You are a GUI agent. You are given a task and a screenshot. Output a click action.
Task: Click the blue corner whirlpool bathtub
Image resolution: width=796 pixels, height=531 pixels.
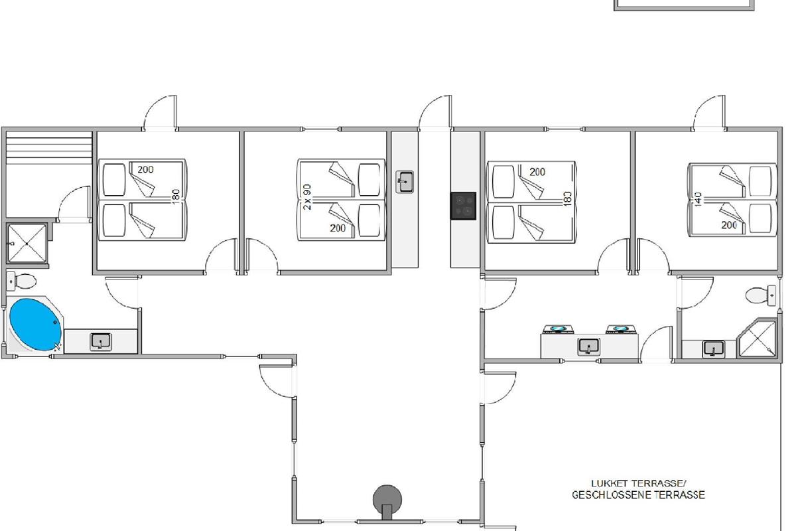36,325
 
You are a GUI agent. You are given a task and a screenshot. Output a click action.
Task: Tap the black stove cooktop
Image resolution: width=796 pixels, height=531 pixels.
464,206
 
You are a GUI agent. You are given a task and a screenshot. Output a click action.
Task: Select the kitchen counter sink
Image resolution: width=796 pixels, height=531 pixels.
405,182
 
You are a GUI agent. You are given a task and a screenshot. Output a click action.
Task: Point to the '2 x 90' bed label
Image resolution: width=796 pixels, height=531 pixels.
308,196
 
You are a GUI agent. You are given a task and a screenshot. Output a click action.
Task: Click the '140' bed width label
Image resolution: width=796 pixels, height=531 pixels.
698,200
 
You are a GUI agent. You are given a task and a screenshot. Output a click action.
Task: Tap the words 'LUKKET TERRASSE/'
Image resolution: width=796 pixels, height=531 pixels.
639,483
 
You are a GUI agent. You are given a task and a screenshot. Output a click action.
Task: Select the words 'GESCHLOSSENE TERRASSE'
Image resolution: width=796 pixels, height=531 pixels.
639,494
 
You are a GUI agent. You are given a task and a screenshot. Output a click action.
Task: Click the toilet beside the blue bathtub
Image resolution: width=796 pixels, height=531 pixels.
21,281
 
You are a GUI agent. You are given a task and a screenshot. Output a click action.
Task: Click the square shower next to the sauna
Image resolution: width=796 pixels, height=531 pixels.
27,244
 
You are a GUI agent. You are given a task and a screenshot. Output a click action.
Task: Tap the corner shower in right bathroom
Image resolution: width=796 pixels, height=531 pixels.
757,338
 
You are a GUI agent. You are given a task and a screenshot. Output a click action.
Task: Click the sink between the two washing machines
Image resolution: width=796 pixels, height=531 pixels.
589,346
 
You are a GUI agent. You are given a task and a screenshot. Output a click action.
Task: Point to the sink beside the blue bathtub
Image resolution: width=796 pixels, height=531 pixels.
101,342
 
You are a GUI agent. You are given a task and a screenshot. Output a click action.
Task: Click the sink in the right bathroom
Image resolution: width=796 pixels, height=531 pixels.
714,349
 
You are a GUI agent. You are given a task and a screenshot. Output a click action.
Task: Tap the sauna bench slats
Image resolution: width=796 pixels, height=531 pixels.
49,147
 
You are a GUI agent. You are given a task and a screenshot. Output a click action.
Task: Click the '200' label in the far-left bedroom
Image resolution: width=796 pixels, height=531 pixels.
146,170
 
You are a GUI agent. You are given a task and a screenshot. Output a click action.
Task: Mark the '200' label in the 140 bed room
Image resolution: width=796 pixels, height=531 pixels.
729,225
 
